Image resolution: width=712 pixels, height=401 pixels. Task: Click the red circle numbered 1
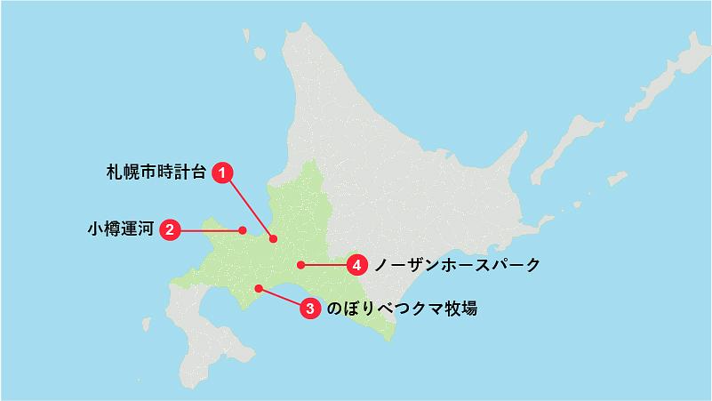[x=224, y=173]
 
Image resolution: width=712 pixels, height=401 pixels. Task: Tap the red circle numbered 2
[x=170, y=230]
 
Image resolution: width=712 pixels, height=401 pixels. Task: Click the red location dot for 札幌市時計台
[x=274, y=238]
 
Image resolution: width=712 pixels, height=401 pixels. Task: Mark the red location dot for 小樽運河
[x=243, y=230]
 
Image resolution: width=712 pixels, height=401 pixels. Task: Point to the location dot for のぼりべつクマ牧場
[x=258, y=287]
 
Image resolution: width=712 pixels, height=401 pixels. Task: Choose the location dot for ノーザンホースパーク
[x=301, y=264]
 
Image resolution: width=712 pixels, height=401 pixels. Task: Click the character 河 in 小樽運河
[x=145, y=230]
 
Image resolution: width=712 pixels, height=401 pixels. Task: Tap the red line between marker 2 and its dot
[x=210, y=230]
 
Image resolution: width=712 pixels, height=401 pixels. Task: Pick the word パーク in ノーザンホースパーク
[x=513, y=264]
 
